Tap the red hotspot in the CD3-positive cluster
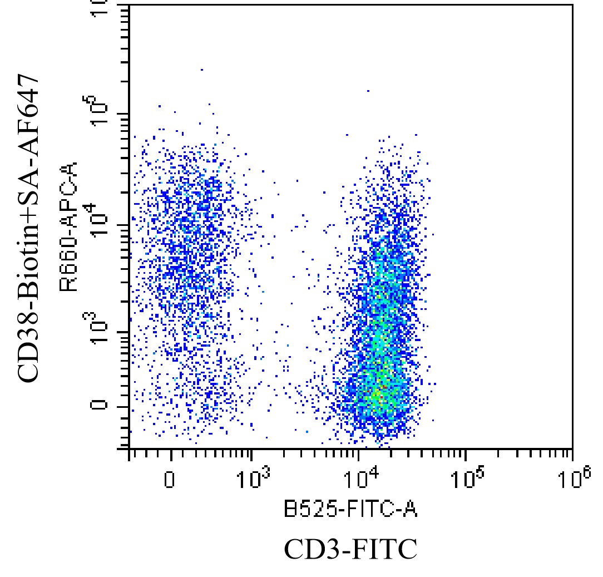(383, 386)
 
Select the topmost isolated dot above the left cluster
(201, 70)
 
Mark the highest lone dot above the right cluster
(368, 90)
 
